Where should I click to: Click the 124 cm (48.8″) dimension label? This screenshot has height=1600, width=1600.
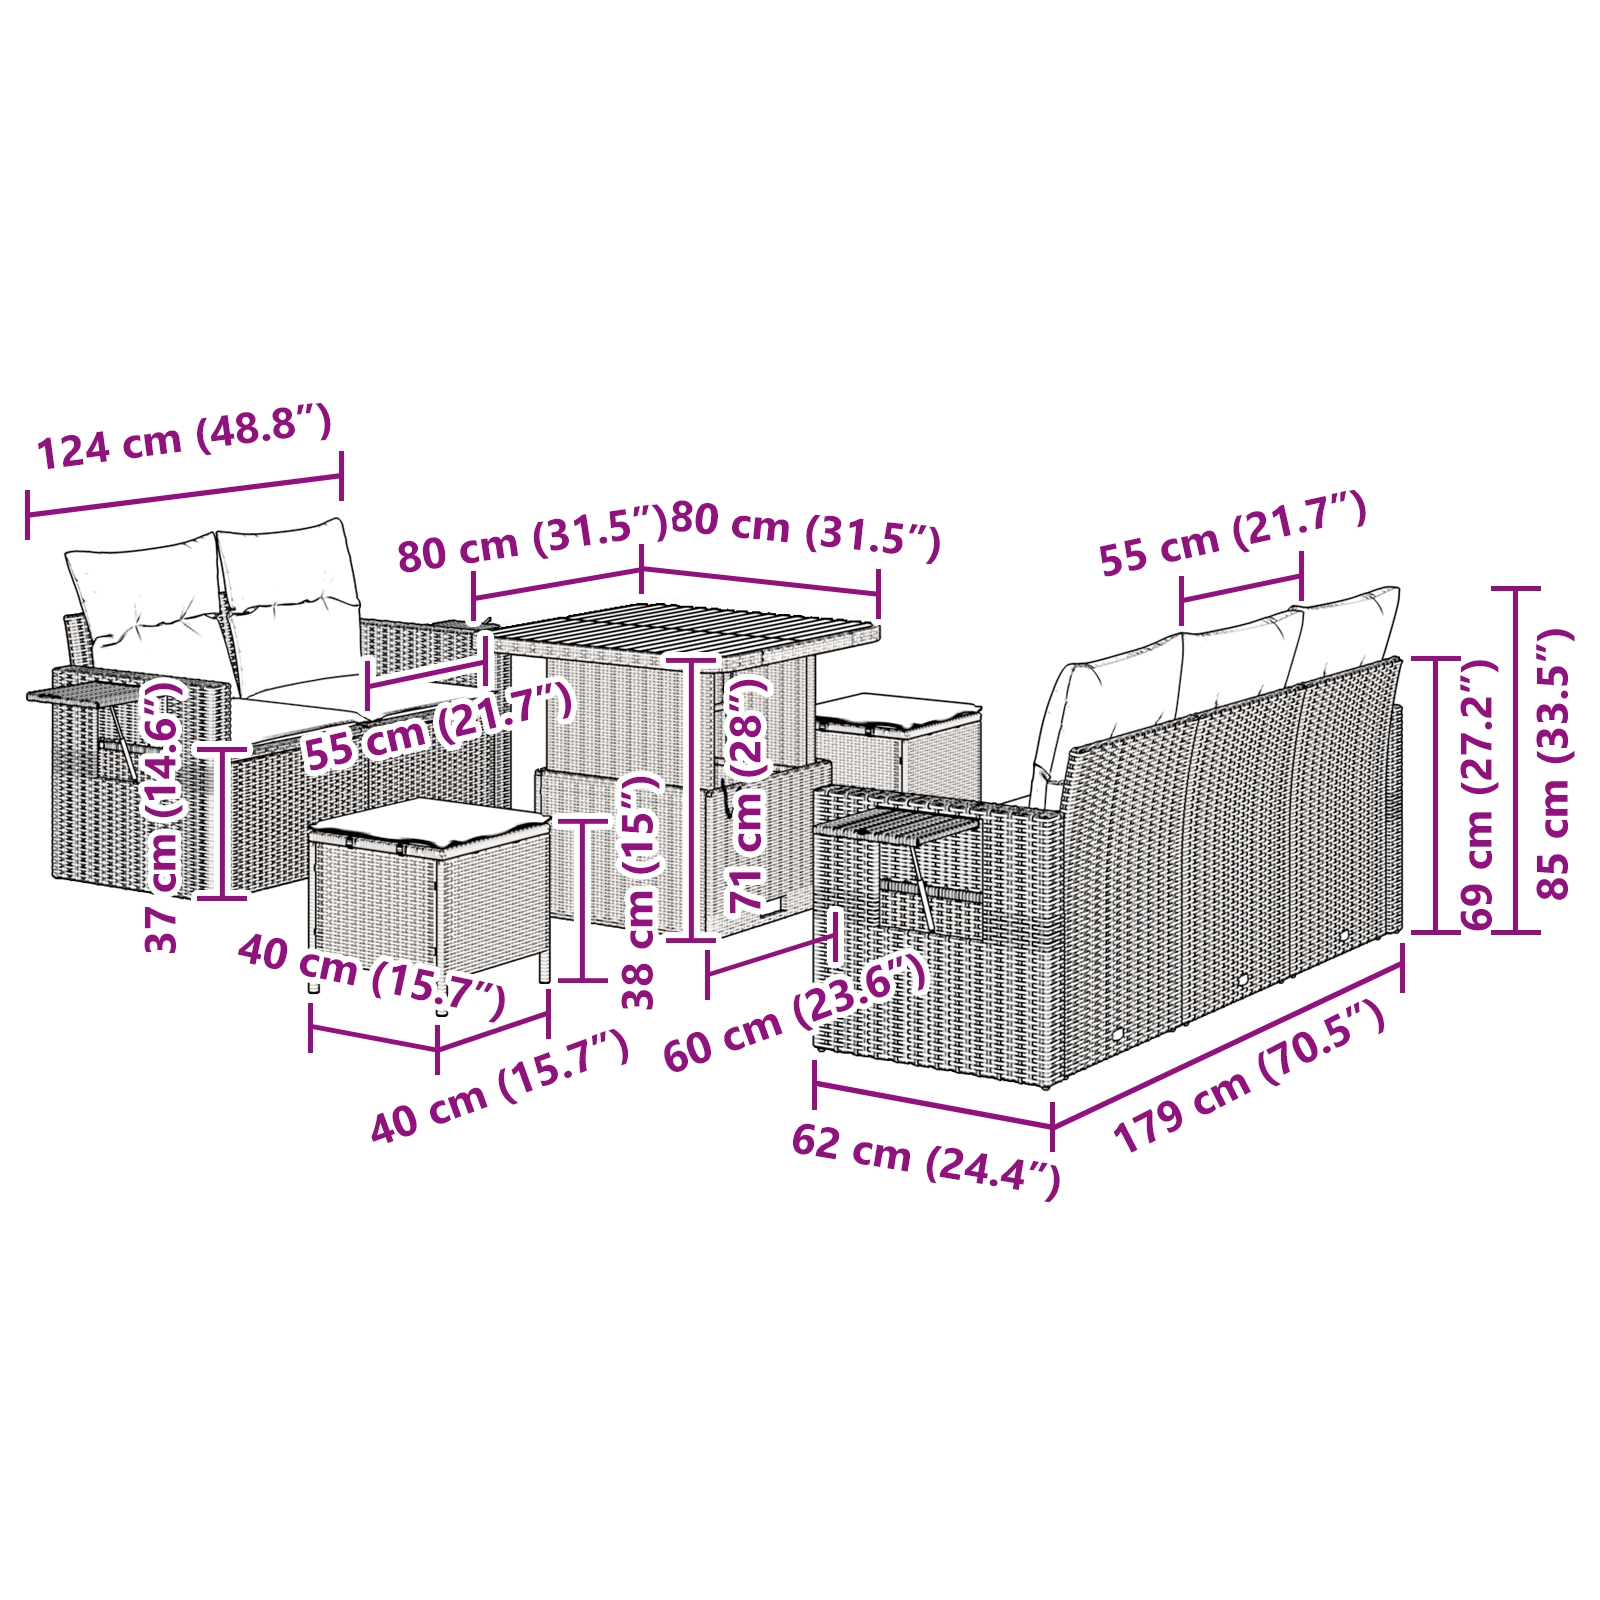(184, 438)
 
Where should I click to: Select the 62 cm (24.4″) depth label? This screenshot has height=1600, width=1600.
(925, 1159)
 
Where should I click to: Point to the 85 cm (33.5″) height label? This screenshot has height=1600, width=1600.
(1554, 765)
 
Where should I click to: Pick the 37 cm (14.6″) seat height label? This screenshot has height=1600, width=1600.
(163, 815)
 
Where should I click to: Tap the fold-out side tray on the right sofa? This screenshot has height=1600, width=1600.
(895, 823)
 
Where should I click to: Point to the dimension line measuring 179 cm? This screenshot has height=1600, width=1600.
(1227, 1036)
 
